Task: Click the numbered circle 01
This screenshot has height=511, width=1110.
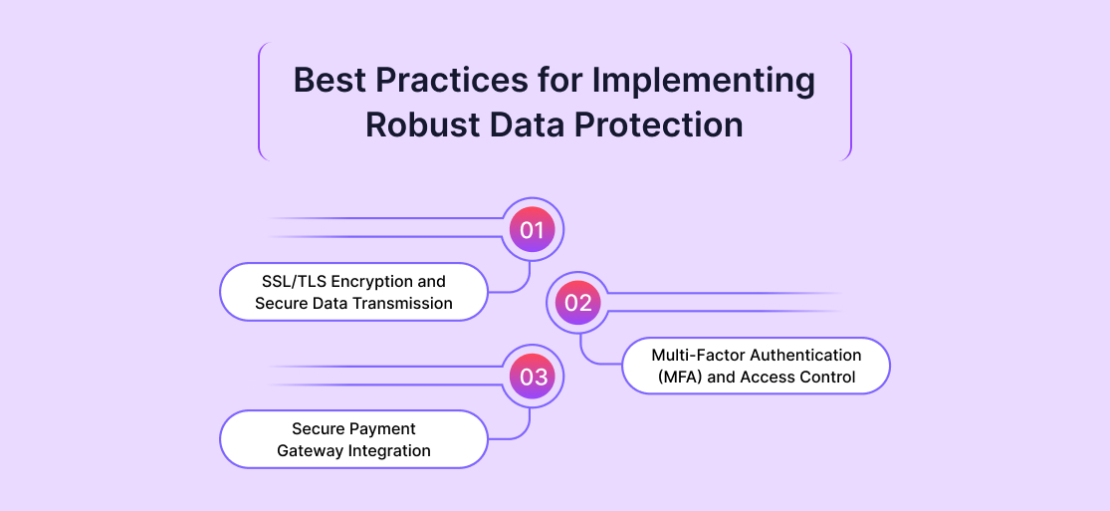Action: pyautogui.click(x=533, y=230)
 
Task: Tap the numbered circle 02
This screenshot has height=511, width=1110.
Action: pyautogui.click(x=578, y=303)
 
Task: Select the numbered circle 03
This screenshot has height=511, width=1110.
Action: pyautogui.click(x=533, y=377)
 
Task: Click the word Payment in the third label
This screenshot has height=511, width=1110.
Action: pyautogui.click(x=382, y=429)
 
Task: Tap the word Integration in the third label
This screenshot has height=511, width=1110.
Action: pyautogui.click(x=389, y=451)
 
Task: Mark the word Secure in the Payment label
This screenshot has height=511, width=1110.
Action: pyautogui.click(x=319, y=429)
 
